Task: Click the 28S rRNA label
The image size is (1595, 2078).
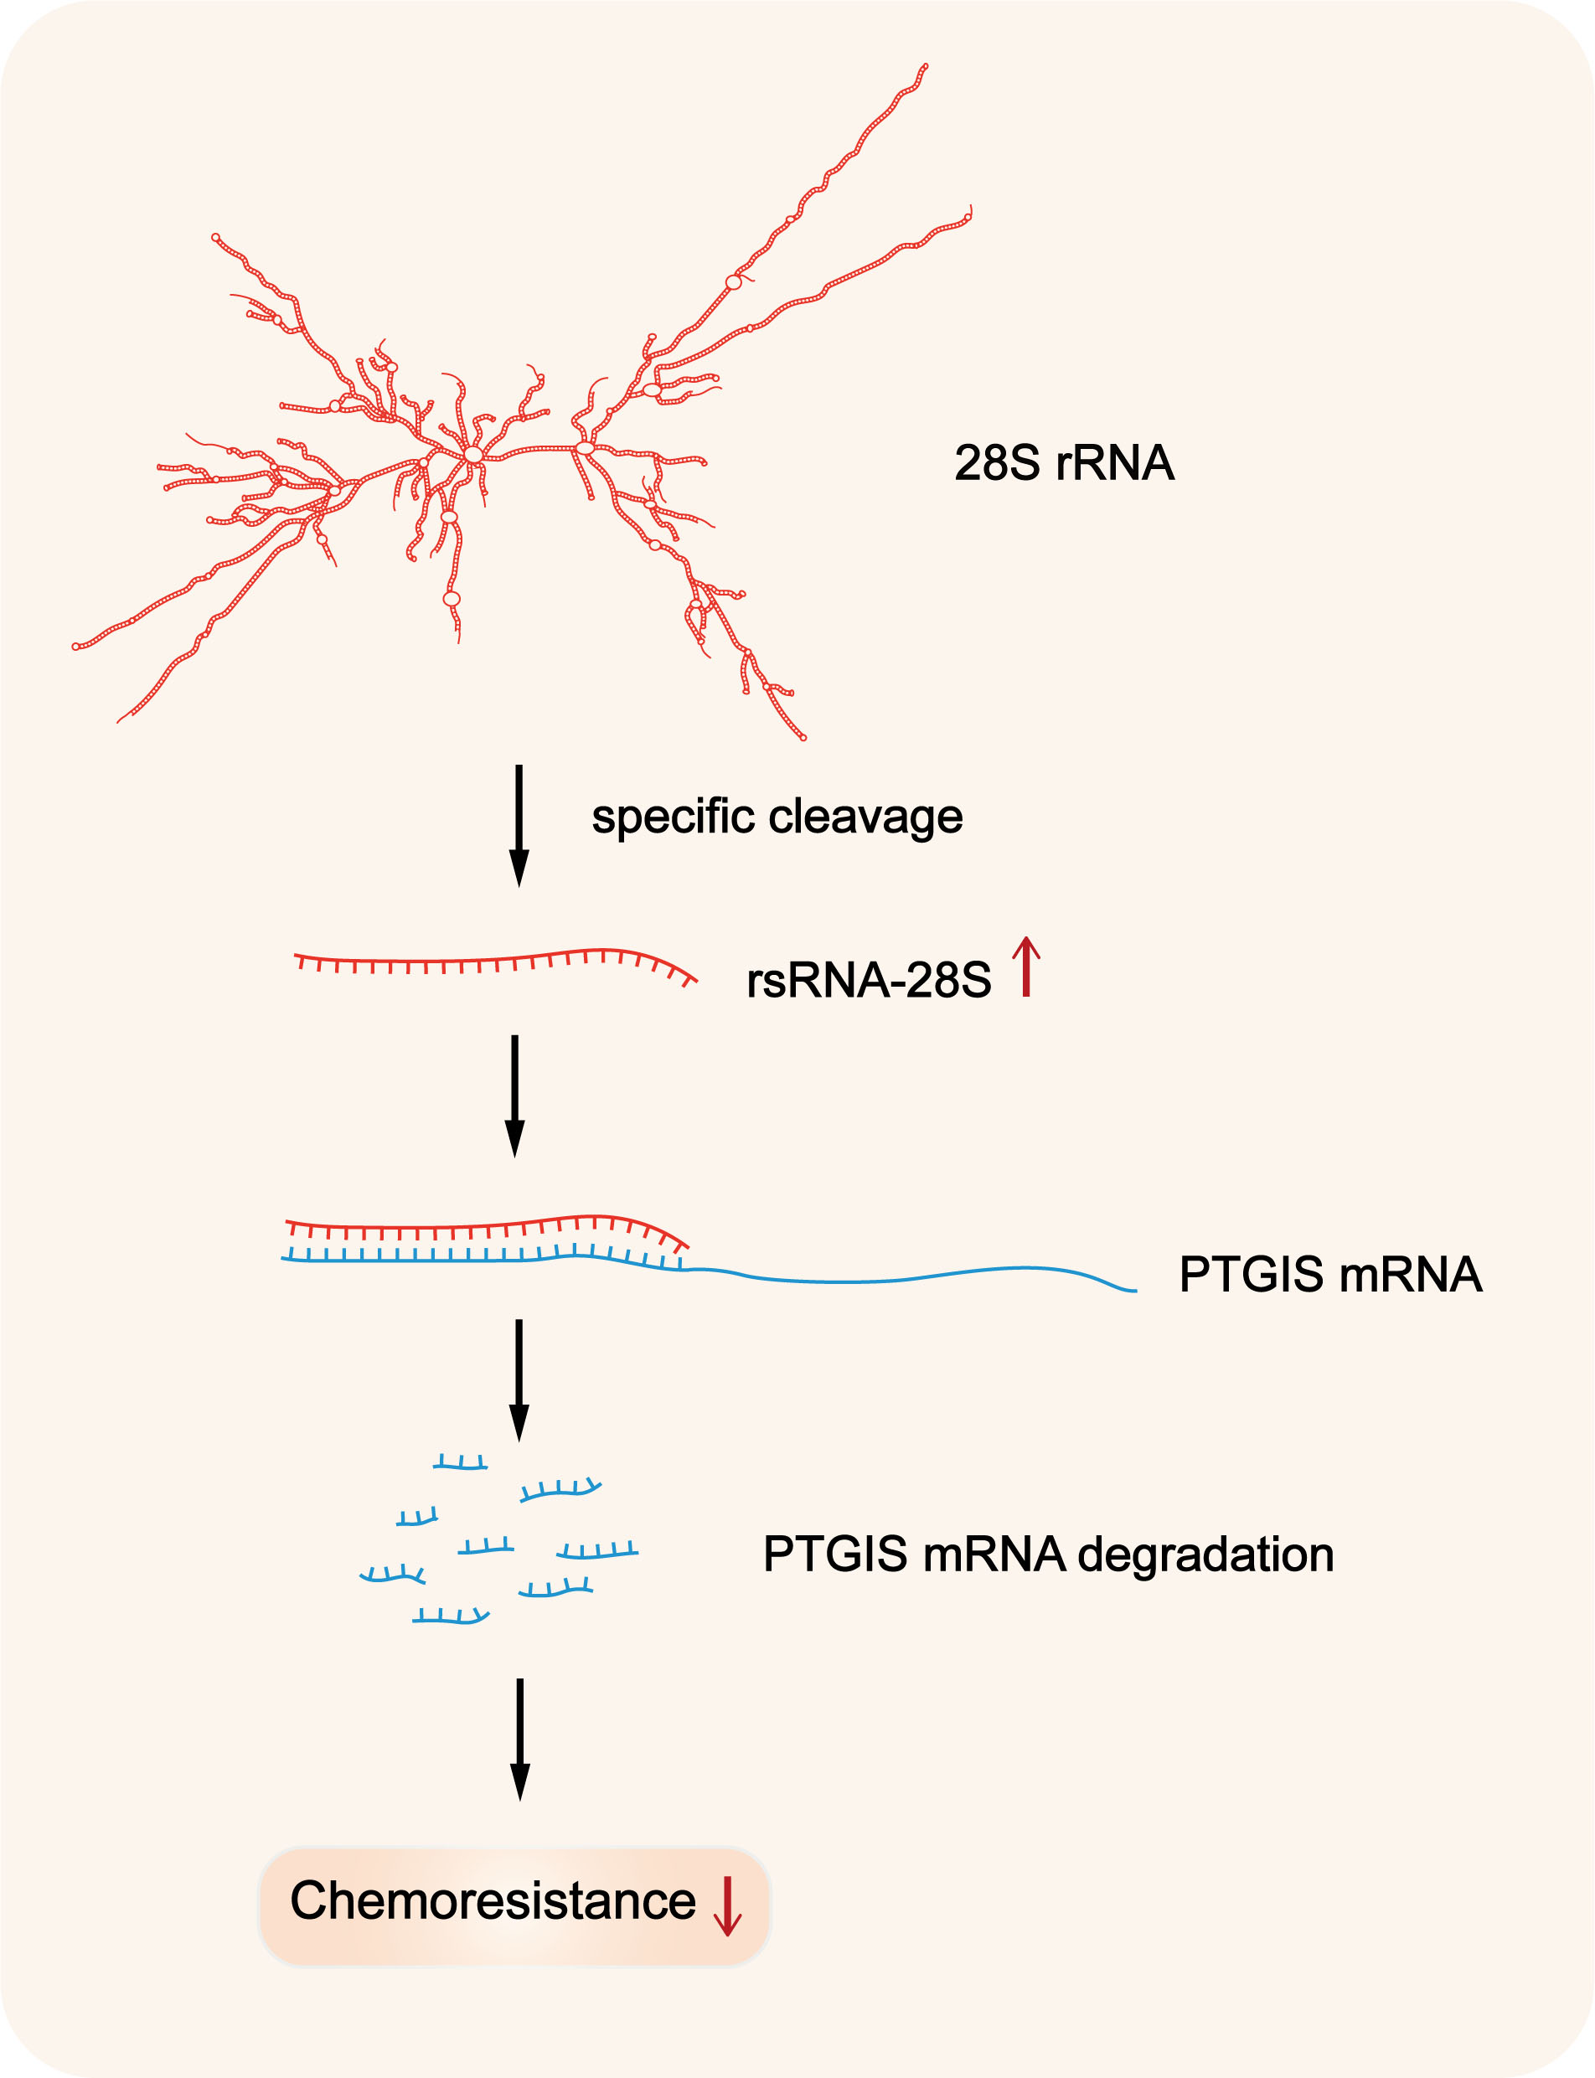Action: (x=1063, y=463)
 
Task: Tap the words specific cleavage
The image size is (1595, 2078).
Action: (x=777, y=817)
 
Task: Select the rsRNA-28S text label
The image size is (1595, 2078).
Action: (x=868, y=980)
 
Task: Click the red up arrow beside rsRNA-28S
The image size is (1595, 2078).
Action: (x=1025, y=967)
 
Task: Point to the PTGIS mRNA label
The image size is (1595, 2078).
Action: (x=1329, y=1274)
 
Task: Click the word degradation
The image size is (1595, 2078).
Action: (x=1205, y=1554)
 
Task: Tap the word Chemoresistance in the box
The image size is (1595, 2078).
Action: (x=493, y=1900)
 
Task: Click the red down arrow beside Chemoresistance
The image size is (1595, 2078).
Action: (x=727, y=1906)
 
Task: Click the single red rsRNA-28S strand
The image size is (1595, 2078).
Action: (x=493, y=961)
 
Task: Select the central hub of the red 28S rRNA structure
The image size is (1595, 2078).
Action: (x=472, y=455)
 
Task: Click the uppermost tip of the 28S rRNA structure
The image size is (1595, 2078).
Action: (x=925, y=66)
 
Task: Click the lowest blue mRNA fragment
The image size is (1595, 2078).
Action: (x=450, y=1617)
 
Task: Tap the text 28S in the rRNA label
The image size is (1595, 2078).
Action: (x=997, y=463)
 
